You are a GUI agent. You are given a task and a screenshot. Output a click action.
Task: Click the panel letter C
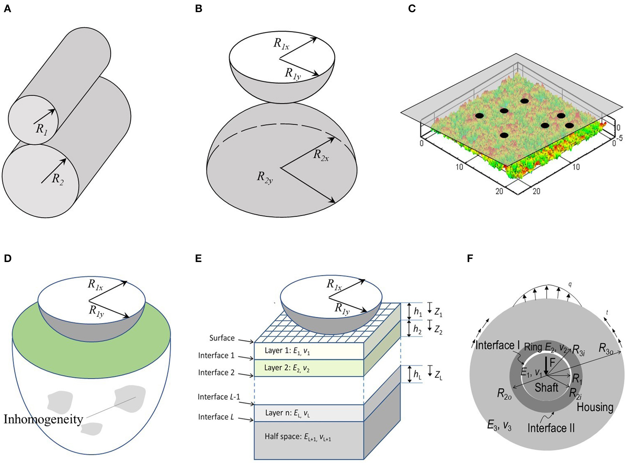tap(412, 9)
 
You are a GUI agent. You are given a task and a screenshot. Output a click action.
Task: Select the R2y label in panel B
tap(265, 177)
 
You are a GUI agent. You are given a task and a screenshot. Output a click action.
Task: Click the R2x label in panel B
tap(321, 155)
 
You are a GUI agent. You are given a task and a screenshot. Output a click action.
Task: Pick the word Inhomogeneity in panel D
tap(43, 419)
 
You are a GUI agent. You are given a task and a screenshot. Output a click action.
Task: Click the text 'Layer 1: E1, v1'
tap(287, 351)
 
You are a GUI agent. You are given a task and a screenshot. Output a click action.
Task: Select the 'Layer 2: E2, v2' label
tap(287, 368)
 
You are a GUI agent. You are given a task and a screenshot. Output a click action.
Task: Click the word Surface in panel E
tap(222, 338)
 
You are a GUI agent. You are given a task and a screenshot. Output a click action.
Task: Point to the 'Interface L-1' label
tap(219, 397)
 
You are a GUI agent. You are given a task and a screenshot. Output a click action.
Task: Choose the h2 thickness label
tap(417, 329)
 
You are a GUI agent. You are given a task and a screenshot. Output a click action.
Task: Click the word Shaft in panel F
tap(546, 388)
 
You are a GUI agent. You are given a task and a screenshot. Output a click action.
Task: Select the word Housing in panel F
tap(595, 407)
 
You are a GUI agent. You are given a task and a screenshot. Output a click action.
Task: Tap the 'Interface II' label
tap(551, 428)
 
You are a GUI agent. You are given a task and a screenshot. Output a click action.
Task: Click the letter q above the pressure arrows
tap(570, 284)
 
